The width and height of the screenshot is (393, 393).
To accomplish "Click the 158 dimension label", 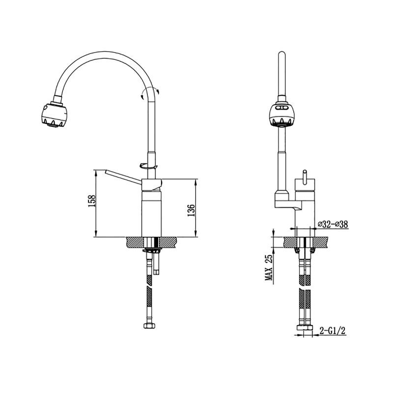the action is coord(92,201).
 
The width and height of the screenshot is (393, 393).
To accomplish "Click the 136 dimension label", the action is coord(191,210).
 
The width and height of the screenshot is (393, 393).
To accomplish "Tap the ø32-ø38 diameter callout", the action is coord(333,224).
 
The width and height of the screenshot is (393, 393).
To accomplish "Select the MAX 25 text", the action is coord(269,268).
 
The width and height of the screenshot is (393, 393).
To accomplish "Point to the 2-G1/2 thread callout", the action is coord(333,331).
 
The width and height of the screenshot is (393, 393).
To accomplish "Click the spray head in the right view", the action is coord(282,114).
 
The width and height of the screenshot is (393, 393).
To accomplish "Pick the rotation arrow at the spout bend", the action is coord(150,92).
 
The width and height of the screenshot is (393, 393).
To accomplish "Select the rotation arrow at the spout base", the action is coord(148,166).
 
